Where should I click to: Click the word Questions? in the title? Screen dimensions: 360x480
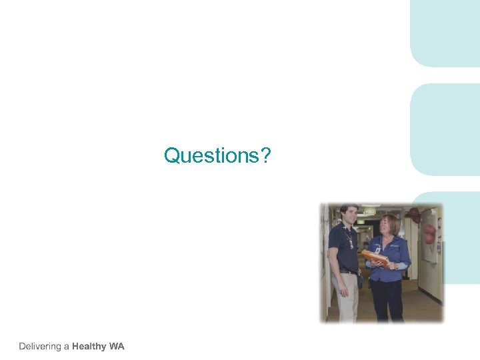[217, 156]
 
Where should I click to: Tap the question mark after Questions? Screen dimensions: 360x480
[265, 156]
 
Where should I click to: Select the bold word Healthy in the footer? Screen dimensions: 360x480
[93, 346]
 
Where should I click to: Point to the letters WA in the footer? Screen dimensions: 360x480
[117, 346]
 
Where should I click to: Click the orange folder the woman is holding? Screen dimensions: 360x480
[375, 257]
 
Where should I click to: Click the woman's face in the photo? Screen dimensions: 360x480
[389, 226]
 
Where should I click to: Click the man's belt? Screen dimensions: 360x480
[347, 271]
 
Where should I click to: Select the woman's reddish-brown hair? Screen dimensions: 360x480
[389, 218]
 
